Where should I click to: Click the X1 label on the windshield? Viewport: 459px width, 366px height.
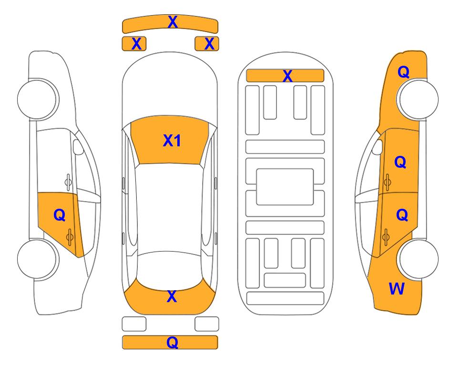coord(172,141)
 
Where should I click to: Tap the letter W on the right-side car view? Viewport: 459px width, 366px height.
coord(397,289)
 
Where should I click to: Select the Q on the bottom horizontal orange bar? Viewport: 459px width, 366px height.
coord(173,342)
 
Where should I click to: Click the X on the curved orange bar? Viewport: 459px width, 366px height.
coord(173,22)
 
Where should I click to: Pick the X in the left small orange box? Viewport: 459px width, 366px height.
coord(137,44)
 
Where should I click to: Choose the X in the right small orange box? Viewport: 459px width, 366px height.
coord(209,44)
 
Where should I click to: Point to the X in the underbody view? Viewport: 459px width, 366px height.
coord(287,76)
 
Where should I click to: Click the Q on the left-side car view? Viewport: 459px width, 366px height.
coord(60,215)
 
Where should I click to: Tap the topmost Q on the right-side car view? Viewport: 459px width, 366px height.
coord(403,72)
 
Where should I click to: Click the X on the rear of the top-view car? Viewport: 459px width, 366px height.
coord(172,296)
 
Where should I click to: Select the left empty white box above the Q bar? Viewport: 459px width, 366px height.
coord(134,324)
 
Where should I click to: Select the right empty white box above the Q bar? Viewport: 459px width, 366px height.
coord(207,324)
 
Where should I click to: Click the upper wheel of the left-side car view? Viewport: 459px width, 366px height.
coord(38,99)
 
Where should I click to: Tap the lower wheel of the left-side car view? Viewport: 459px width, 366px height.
coord(38,259)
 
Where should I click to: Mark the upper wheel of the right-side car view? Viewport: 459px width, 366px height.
coord(418,99)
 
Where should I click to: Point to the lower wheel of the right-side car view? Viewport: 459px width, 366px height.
coord(418,259)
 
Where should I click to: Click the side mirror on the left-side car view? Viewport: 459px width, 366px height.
coord(78,147)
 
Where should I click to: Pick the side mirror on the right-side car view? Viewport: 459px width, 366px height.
coord(377,147)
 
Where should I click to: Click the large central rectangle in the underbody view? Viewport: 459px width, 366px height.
coord(285,187)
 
